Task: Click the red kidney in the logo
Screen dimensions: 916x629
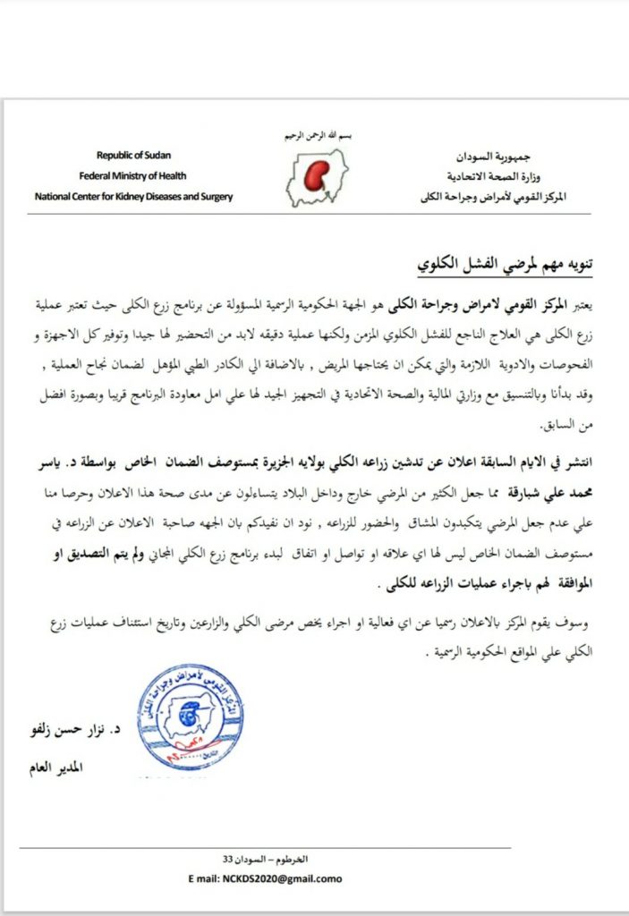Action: (315, 179)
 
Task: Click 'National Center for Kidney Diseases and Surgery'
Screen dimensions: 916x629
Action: (134, 196)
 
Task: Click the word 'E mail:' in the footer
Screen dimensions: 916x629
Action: (200, 879)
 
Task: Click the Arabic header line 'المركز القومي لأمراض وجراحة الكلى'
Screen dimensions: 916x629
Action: (493, 197)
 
